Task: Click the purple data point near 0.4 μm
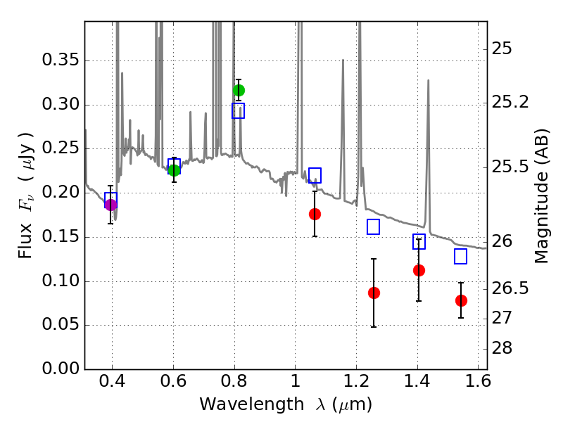(x=110, y=205)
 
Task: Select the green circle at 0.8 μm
(x=239, y=90)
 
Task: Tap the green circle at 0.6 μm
(x=174, y=170)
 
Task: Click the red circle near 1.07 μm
(x=315, y=214)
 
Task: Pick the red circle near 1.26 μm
(x=374, y=293)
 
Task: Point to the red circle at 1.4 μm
(x=419, y=270)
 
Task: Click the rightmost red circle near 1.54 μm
(x=461, y=300)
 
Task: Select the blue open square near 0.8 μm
(x=239, y=110)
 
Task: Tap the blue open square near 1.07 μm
(x=315, y=175)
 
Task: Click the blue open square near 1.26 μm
(x=374, y=226)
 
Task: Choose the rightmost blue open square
(x=461, y=257)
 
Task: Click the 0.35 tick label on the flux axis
(x=60, y=61)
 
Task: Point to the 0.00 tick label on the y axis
(x=60, y=369)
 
